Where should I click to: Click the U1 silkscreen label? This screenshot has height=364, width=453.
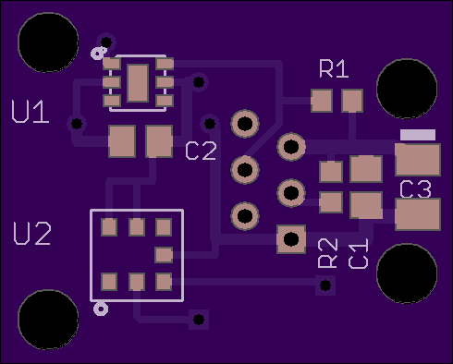click(x=31, y=112)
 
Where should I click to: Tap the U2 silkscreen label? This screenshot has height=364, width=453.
click(x=32, y=234)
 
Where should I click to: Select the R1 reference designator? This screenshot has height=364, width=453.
click(x=334, y=69)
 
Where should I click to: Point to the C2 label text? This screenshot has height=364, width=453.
click(x=202, y=151)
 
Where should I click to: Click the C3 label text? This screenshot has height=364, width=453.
click(x=415, y=189)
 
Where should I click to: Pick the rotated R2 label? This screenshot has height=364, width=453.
click(x=328, y=253)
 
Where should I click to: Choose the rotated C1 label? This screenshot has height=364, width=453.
click(x=359, y=253)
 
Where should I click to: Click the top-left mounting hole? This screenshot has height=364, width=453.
click(x=48, y=42)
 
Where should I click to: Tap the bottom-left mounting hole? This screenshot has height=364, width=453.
click(x=48, y=320)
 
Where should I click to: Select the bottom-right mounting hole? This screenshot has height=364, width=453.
click(x=407, y=273)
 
